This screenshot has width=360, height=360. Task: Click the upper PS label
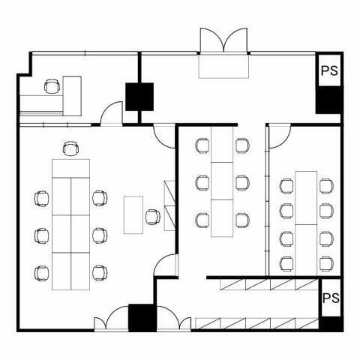[x=329, y=70]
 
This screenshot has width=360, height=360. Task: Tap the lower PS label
[x=331, y=298]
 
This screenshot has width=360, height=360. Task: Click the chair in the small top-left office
[x=52, y=86]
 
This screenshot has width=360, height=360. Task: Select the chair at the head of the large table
[x=70, y=148]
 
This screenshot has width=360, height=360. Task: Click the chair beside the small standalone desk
[x=153, y=217]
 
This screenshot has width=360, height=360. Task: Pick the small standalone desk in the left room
[x=133, y=215]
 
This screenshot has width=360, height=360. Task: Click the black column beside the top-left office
[x=139, y=97]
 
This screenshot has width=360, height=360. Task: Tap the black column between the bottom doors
[x=142, y=317]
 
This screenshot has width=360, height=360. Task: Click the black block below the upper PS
[x=328, y=100]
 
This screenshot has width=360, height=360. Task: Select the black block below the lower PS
[x=331, y=324]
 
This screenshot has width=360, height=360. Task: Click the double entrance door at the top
[x=224, y=40]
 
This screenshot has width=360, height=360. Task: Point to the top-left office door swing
[x=112, y=112]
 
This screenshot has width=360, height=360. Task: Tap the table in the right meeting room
[x=306, y=223]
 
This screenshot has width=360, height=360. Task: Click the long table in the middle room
[x=222, y=181]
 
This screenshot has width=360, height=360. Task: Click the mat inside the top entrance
[x=223, y=66]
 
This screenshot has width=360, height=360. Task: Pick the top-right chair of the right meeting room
[x=326, y=186]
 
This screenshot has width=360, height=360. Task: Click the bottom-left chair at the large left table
[x=41, y=273]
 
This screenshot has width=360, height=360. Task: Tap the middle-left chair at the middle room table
[x=202, y=183]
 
